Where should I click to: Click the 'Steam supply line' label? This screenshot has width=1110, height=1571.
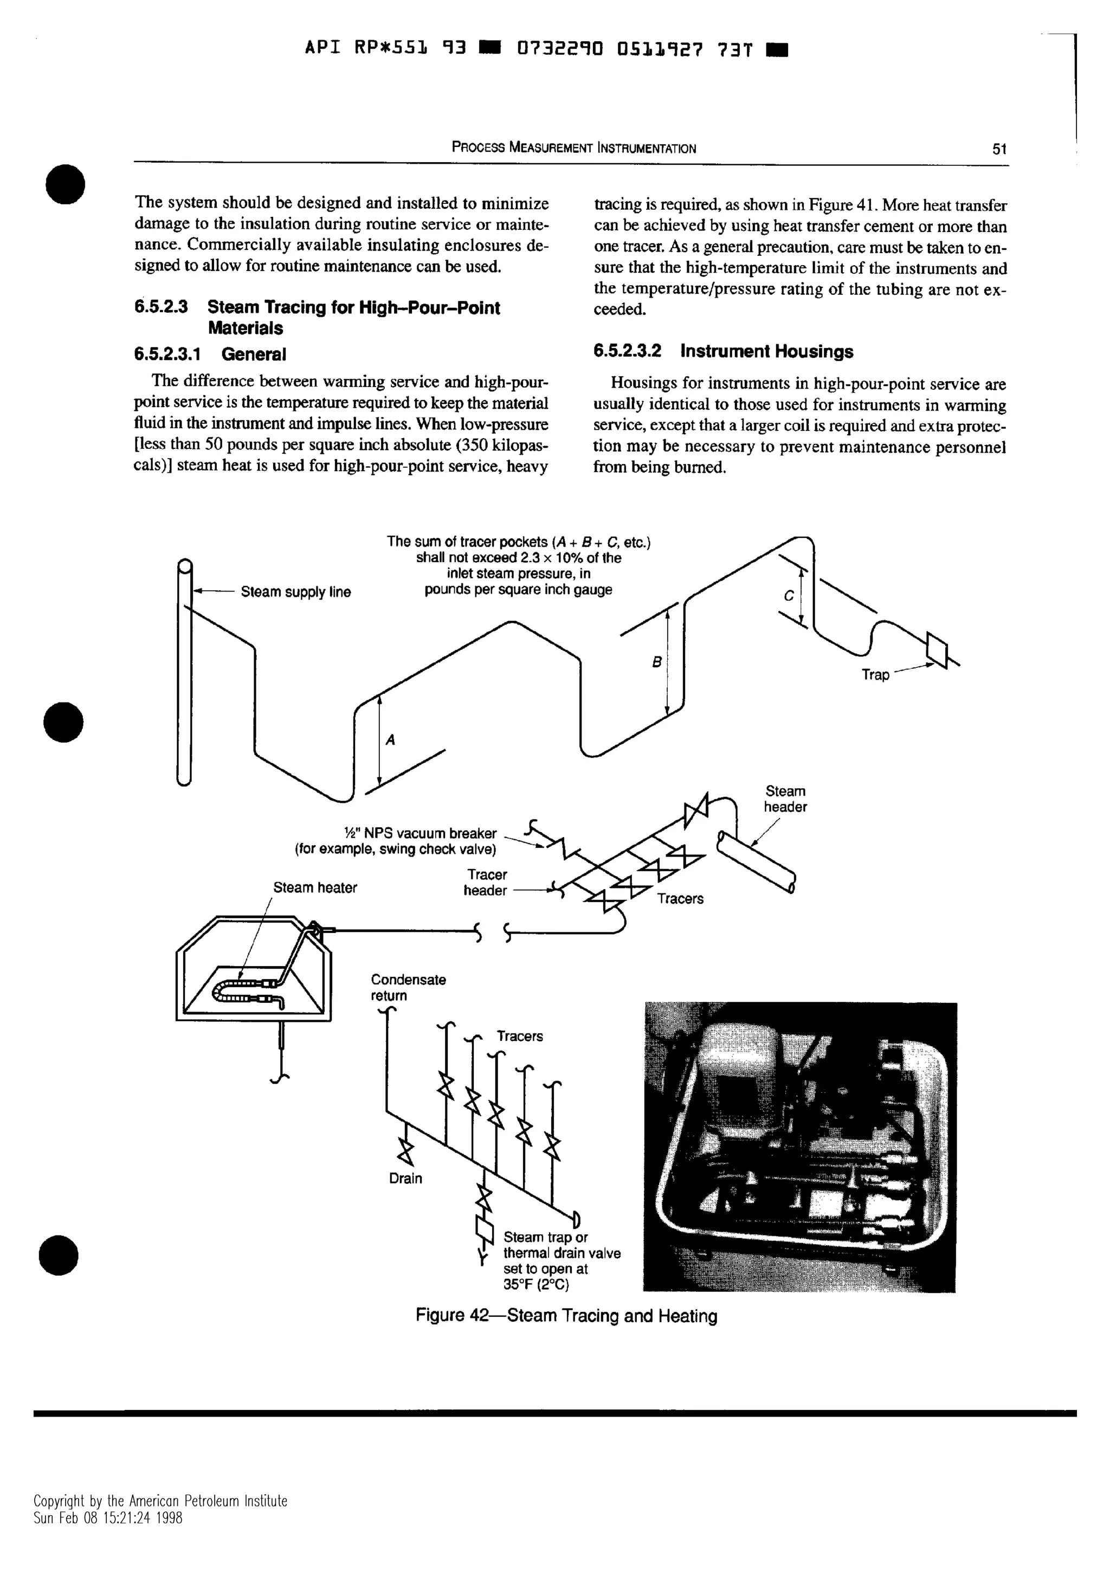tap(295, 592)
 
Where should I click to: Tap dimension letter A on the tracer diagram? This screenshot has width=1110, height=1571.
tap(391, 739)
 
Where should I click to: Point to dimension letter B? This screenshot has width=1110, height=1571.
tap(656, 662)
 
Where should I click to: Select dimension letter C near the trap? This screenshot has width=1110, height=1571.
tap(789, 595)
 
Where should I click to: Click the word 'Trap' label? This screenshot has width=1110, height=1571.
tap(875, 675)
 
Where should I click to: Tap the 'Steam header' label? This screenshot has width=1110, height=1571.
tap(785, 799)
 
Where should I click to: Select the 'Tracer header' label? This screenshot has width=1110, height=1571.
tap(486, 882)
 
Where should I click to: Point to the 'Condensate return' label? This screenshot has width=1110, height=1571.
tap(408, 987)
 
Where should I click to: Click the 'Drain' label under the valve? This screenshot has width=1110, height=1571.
tap(405, 1179)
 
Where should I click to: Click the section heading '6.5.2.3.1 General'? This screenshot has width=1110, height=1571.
tap(210, 354)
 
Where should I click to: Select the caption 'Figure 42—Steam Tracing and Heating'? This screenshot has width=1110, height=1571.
tap(566, 1316)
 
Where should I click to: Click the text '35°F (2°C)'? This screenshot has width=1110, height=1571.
tap(536, 1284)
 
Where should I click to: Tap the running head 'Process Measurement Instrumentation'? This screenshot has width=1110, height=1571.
tap(574, 148)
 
